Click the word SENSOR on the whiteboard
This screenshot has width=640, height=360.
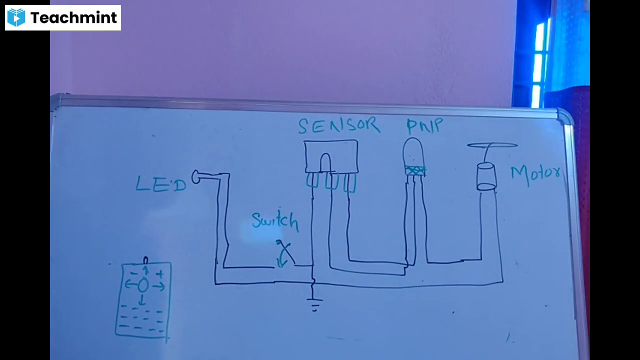[x=338, y=125]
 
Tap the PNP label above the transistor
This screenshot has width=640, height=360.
[x=424, y=126]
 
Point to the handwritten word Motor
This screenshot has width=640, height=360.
[x=535, y=174]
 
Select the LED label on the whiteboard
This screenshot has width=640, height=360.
[x=160, y=184]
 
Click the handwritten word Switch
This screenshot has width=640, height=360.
[x=275, y=221]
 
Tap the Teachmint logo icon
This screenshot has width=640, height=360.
[x=16, y=17]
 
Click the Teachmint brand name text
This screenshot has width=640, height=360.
[x=73, y=18]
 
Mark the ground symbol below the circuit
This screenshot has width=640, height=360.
[x=314, y=304]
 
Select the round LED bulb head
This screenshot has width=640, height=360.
[x=196, y=176]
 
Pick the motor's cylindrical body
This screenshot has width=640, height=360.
[x=485, y=176]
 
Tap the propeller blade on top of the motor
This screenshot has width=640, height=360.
[x=492, y=145]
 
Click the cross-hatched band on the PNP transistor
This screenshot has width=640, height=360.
[x=415, y=170]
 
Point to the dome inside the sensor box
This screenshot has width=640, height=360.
[x=325, y=162]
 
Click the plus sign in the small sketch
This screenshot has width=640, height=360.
[x=159, y=274]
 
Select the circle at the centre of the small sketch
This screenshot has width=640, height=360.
[x=143, y=285]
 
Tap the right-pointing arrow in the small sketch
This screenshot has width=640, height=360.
[x=158, y=286]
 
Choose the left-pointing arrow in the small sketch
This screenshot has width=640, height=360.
[x=130, y=285]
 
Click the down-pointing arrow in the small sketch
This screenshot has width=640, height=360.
[x=142, y=300]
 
